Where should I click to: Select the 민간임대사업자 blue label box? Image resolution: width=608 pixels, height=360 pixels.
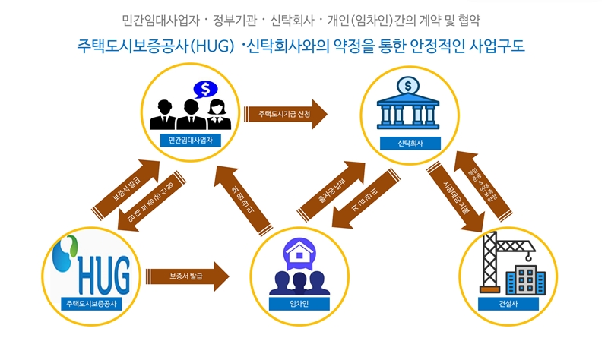click(189, 141)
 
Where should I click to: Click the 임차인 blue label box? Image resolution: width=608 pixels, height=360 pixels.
click(299, 305)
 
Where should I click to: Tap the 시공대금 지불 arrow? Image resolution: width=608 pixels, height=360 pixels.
click(455, 194)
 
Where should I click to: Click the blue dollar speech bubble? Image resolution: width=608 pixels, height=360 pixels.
click(204, 90)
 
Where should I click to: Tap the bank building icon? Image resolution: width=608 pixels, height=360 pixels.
click(407, 106)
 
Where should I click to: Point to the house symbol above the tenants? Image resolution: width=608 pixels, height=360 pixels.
click(299, 252)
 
